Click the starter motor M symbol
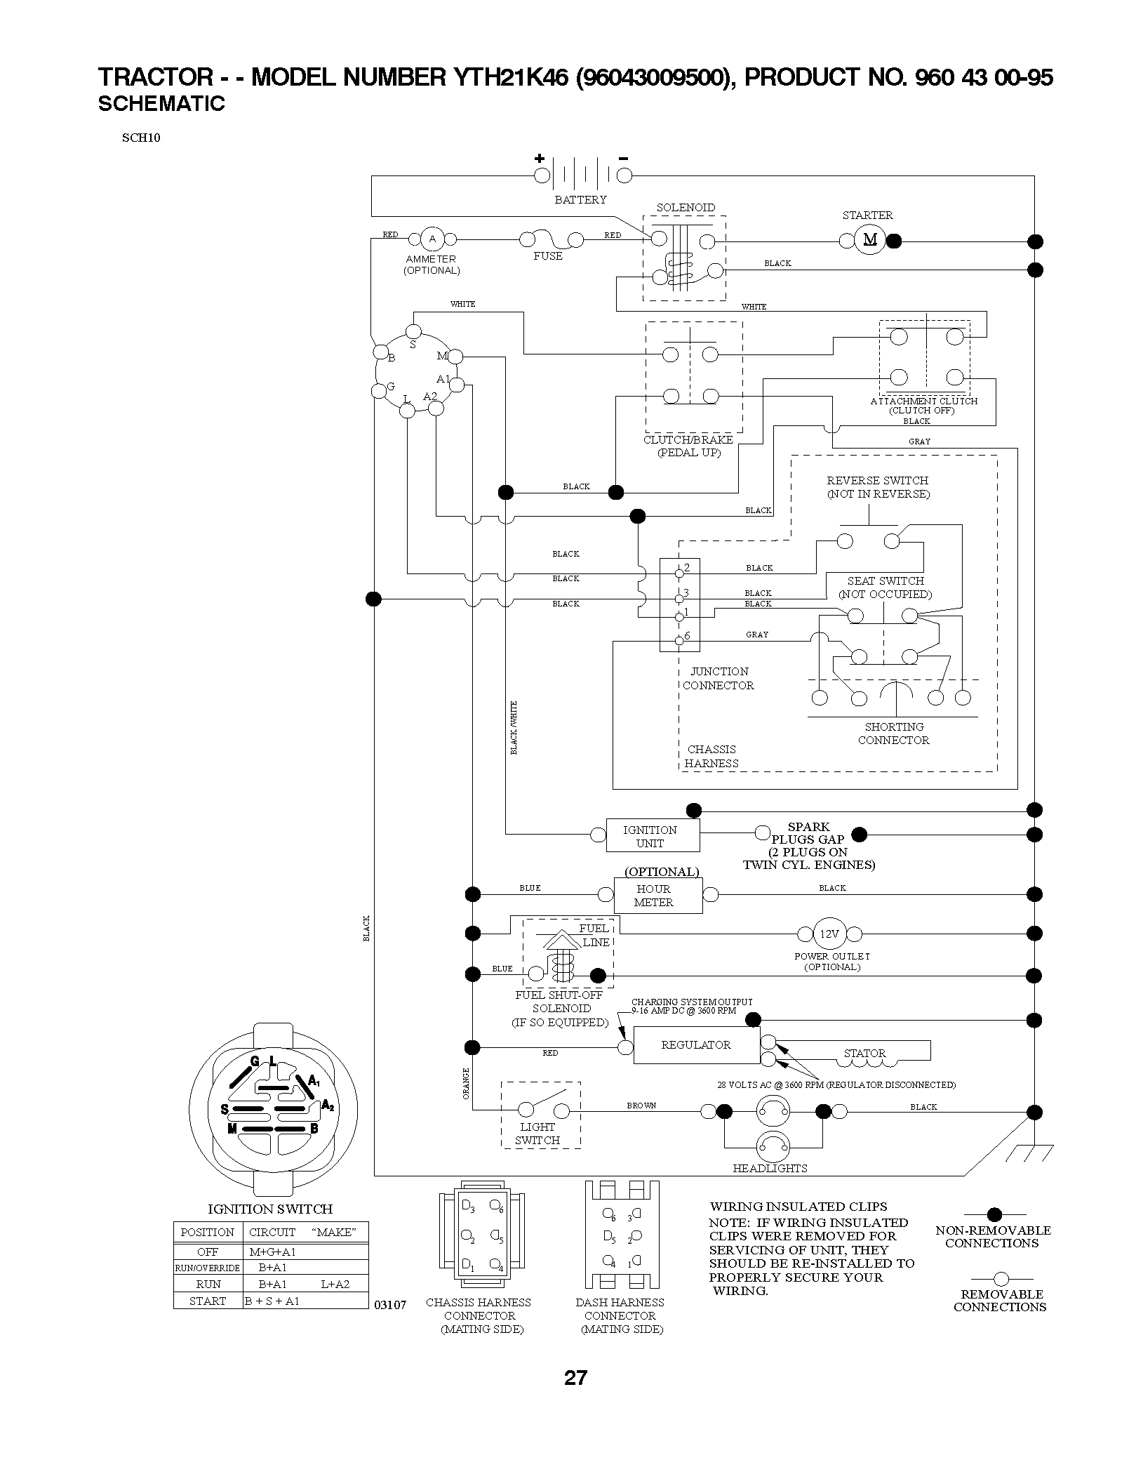tap(870, 240)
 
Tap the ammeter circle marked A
tap(432, 239)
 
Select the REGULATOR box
tap(696, 1045)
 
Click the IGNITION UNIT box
tap(653, 835)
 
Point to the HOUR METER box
tap(658, 895)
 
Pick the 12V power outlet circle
tap(829, 934)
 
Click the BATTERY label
tap(580, 199)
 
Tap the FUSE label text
tap(548, 256)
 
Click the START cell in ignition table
tap(208, 1301)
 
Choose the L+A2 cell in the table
tap(335, 1284)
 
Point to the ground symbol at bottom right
tap(1029, 1151)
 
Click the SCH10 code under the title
tap(141, 138)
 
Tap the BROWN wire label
tap(641, 1106)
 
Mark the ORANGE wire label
tap(466, 1083)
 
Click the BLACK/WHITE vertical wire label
tap(514, 728)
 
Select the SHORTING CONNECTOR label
tap(894, 734)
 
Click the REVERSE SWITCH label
tap(878, 487)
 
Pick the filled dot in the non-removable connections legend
tap(994, 1214)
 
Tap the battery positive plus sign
tap(540, 158)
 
